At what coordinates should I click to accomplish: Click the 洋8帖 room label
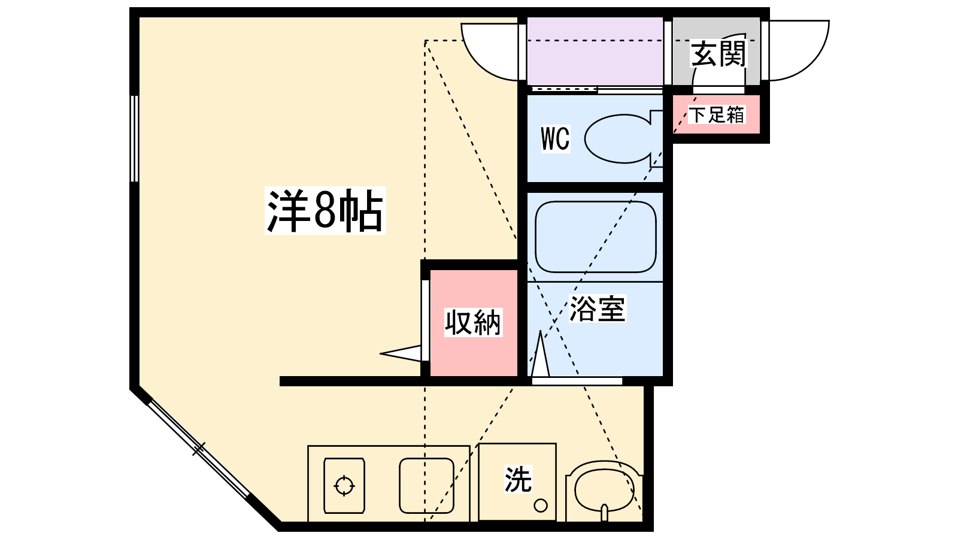325,211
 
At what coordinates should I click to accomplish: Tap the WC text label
555,139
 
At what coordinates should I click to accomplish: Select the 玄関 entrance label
718,54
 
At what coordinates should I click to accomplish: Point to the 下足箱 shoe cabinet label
716,114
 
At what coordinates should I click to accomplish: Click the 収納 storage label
472,323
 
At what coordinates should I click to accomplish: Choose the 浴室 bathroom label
597,309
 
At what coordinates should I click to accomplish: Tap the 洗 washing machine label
518,479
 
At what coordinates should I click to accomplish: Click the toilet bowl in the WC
620,139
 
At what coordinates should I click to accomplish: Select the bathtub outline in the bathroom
595,237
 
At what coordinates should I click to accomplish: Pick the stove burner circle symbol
344,485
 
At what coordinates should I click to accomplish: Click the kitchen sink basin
426,485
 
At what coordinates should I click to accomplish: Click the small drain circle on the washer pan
541,505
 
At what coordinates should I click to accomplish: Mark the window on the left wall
135,138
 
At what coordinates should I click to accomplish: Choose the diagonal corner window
198,449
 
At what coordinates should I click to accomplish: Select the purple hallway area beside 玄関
595,52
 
